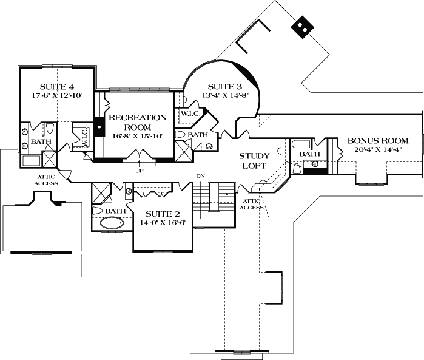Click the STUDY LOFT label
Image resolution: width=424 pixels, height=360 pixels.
click(x=254, y=160)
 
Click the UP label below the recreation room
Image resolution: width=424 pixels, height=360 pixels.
click(x=140, y=169)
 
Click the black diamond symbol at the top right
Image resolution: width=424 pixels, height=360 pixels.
click(x=301, y=26)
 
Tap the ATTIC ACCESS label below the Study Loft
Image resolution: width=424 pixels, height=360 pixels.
click(x=252, y=204)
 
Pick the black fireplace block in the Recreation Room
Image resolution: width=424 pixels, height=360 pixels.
click(x=99, y=127)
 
